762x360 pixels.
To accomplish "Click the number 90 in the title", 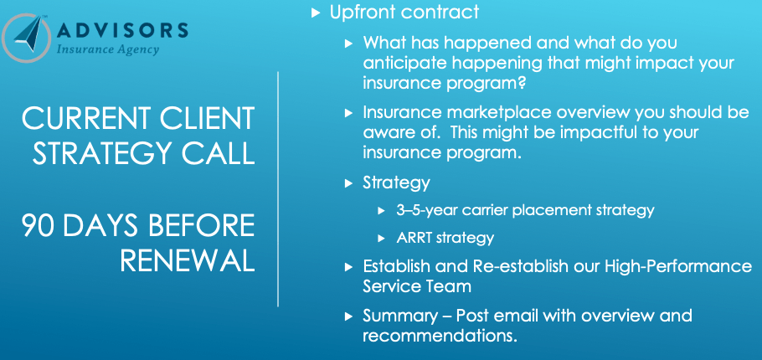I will [43, 225].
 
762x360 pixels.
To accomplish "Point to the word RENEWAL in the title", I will [187, 261].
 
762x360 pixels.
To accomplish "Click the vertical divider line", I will [277, 188].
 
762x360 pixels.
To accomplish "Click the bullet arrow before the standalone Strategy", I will [349, 183].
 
